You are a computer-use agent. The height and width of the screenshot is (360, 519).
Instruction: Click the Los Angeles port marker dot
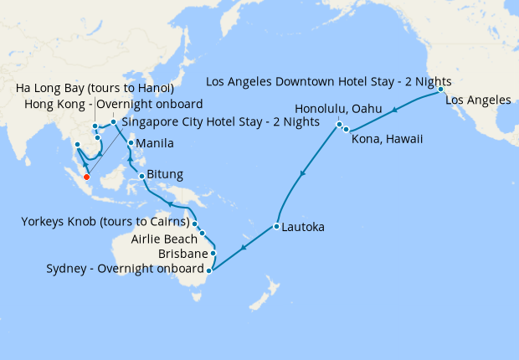[440, 90]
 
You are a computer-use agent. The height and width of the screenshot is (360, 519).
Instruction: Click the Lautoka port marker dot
[275, 227]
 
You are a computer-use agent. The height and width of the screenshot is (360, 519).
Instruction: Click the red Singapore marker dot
[86, 165]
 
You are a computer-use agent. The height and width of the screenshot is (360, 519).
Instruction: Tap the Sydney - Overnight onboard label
[125, 269]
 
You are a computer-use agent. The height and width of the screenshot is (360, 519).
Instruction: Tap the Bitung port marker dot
[142, 176]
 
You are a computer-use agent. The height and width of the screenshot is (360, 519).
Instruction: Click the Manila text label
[155, 143]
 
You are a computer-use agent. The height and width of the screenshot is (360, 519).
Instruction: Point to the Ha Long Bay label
[95, 89]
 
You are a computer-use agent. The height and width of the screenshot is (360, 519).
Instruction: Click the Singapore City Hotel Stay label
[221, 121]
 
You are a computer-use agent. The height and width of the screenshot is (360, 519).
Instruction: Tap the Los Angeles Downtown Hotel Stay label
[328, 82]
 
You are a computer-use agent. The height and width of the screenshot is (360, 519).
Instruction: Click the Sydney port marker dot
[208, 270]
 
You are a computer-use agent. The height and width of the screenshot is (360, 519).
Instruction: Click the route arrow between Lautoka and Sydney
[243, 248]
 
